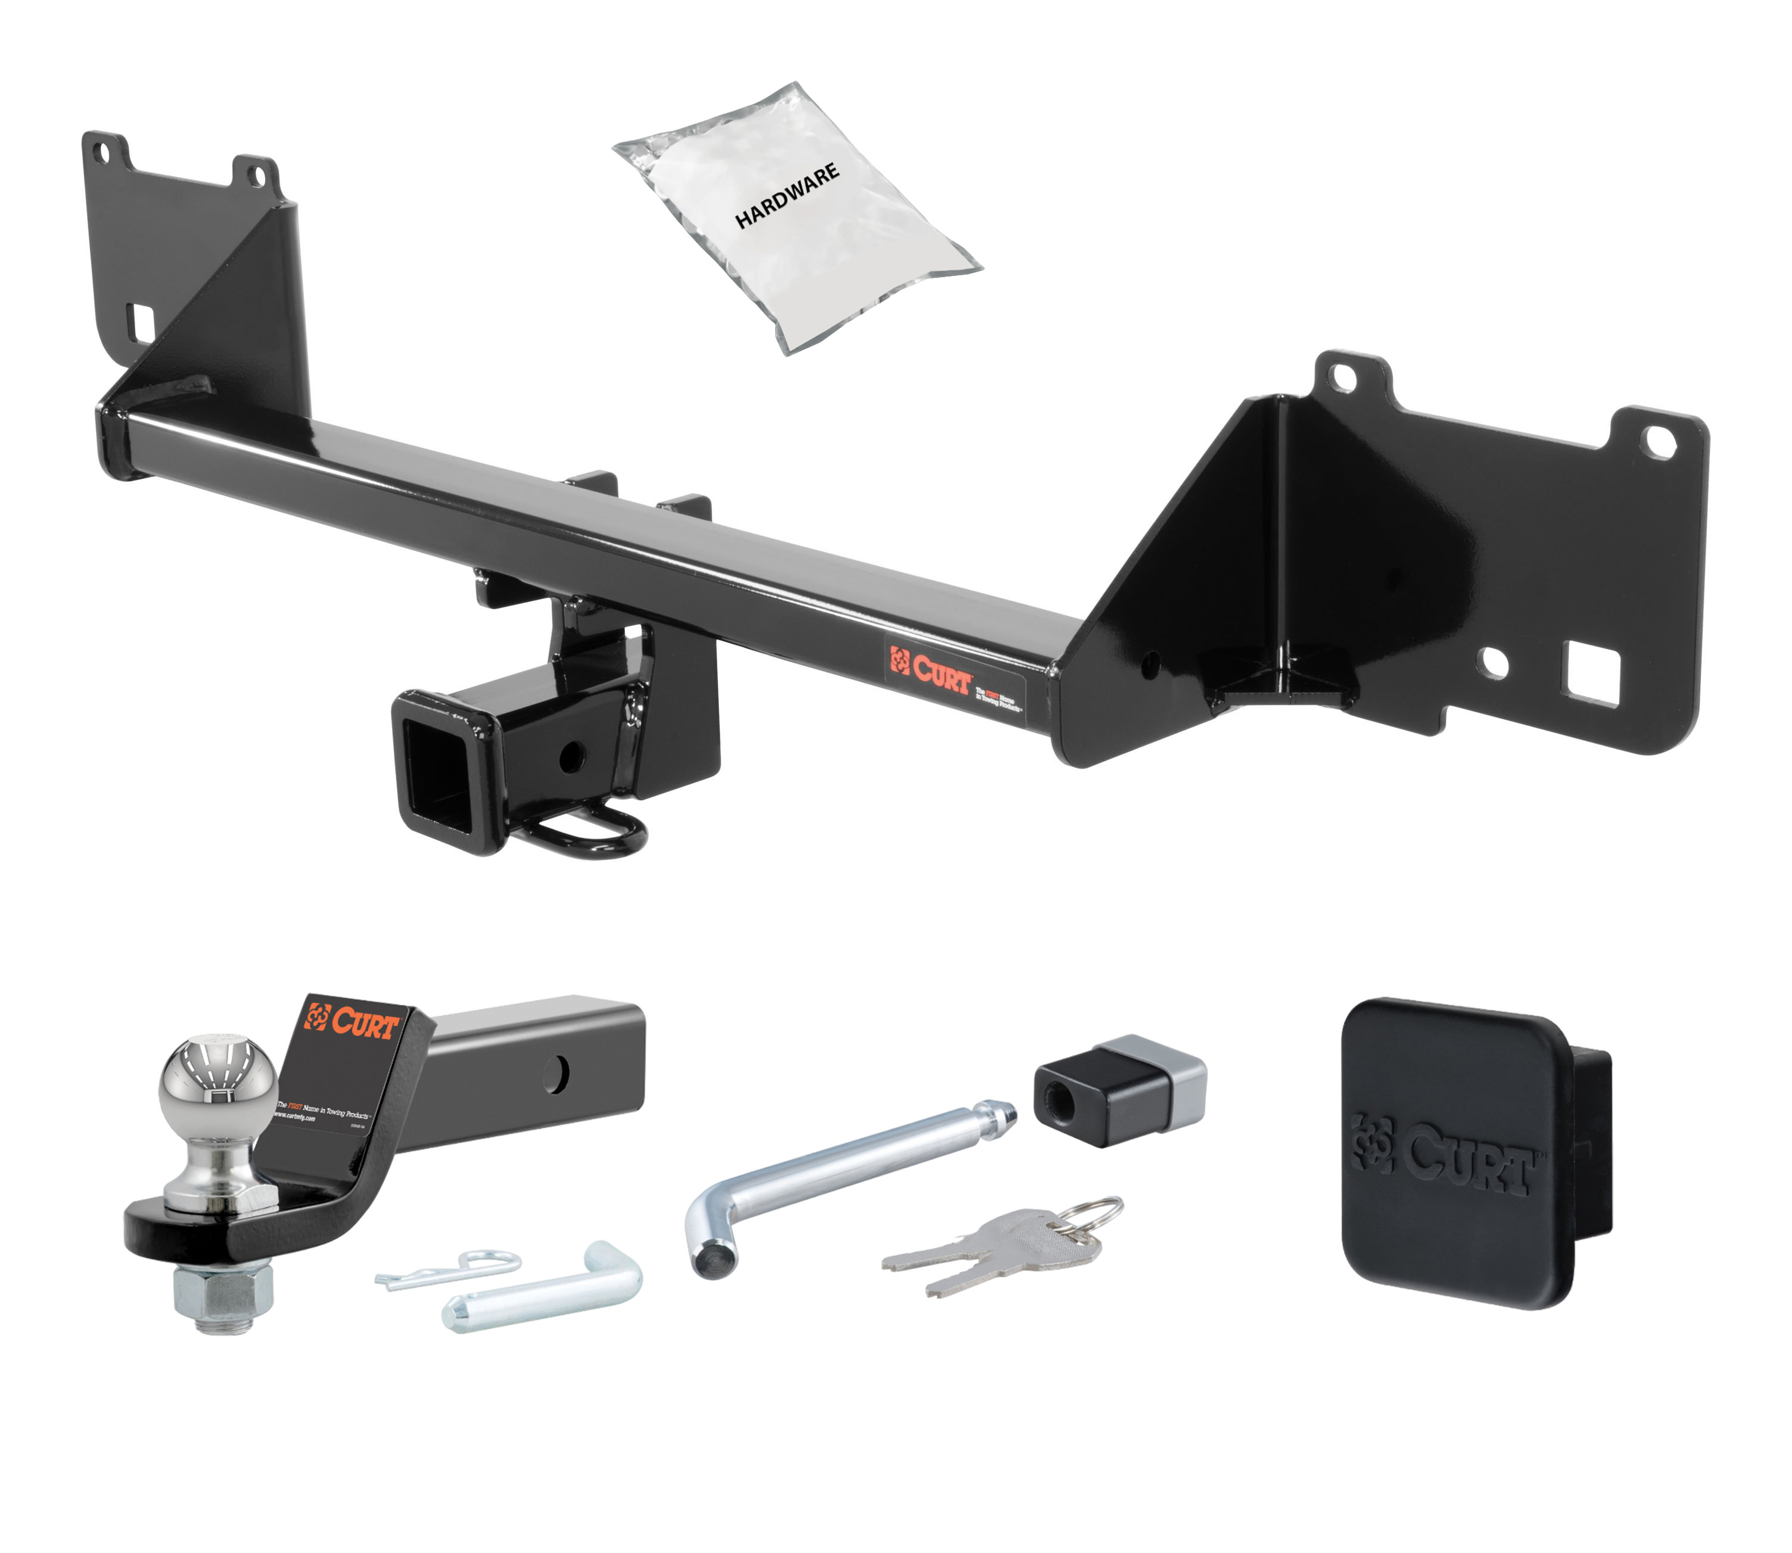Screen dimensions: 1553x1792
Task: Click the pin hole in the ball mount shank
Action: (556, 1075)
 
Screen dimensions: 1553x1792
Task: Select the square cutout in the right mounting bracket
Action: (1591, 669)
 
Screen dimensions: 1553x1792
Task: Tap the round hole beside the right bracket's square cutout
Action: (1494, 663)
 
